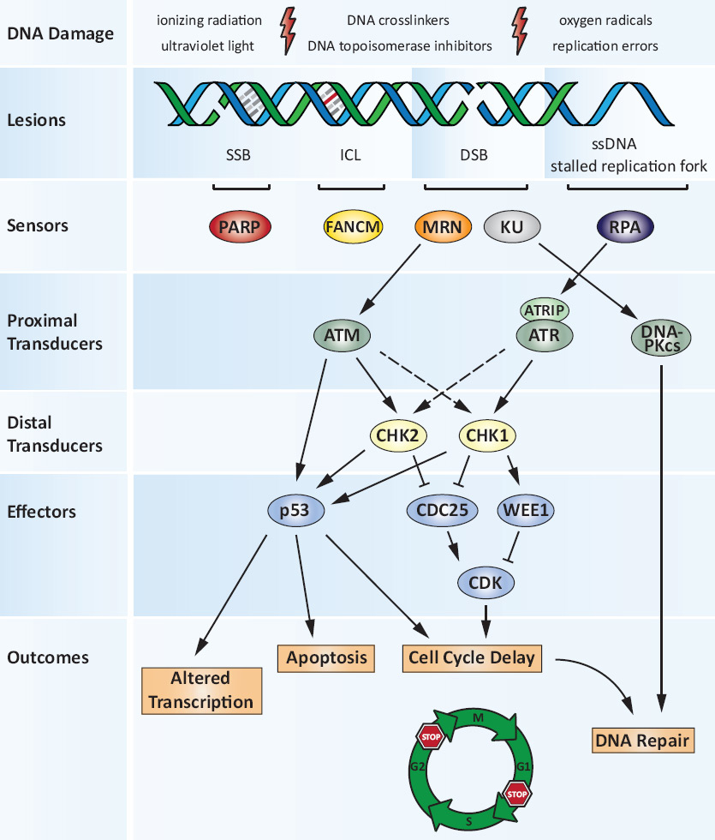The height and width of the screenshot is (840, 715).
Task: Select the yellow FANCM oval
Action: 353,227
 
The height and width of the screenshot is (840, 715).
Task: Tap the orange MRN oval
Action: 444,227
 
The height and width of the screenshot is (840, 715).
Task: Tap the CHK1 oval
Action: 488,435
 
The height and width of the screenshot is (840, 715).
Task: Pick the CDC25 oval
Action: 440,512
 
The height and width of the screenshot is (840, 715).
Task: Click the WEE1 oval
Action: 526,512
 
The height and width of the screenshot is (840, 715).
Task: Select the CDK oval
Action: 486,583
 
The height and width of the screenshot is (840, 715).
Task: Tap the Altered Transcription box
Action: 201,690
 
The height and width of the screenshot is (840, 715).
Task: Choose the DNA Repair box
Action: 641,740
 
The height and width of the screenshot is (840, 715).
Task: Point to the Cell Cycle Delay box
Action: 472,657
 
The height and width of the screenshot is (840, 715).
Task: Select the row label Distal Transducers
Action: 55,435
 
